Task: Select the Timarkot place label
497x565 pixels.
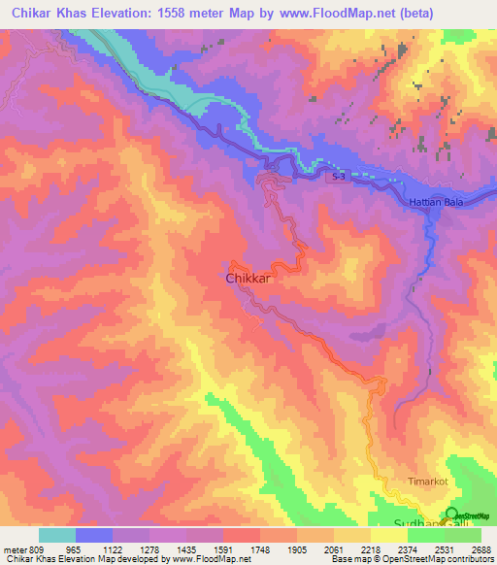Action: tap(428, 482)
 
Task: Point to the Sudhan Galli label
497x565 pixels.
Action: tap(408, 524)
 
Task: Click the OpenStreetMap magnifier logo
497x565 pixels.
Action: tap(452, 515)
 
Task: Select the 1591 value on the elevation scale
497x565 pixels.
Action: tap(236, 549)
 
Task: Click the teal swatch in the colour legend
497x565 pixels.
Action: tap(57, 535)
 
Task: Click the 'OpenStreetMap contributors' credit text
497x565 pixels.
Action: tap(446, 560)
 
